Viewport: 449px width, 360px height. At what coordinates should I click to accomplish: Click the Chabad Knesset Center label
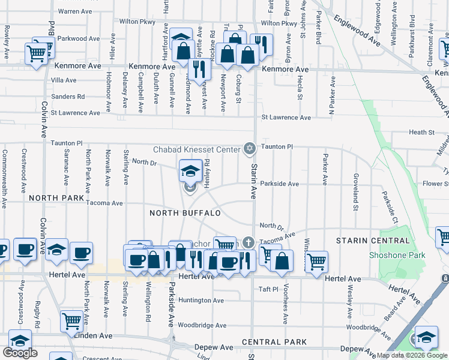[196, 149]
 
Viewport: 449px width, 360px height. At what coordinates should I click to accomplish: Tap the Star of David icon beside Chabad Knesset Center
[249, 148]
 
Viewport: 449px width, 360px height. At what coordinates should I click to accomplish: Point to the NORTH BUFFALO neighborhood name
[185, 213]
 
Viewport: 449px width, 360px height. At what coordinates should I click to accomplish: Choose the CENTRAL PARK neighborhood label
[274, 342]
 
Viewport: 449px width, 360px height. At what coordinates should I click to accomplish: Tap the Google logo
[20, 353]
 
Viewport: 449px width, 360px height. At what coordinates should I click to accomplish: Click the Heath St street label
[421, 132]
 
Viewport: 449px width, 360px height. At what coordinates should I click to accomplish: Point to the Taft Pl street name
[268, 289]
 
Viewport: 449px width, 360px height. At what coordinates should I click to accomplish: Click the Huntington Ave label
[200, 300]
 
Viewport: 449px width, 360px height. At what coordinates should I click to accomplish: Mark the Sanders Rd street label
[68, 96]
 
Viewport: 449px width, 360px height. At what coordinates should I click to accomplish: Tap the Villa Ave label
[64, 80]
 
